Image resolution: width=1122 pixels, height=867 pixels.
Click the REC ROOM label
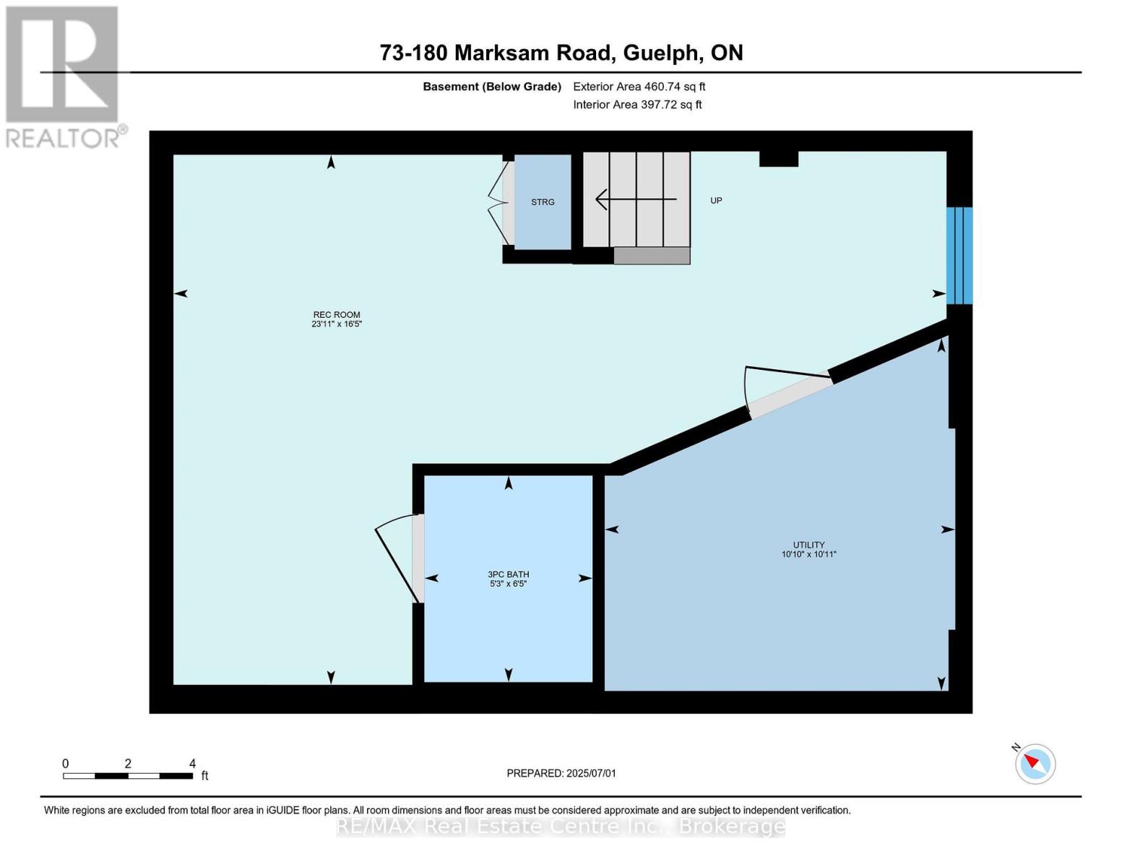click(x=337, y=319)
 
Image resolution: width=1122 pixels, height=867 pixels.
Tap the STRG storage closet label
click(x=543, y=202)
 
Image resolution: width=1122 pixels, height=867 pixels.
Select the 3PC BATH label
click(x=508, y=579)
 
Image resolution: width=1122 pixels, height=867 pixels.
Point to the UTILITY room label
click(x=808, y=549)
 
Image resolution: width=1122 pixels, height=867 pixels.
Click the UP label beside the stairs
click(x=716, y=201)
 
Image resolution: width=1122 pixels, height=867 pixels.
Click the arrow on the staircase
click(x=635, y=199)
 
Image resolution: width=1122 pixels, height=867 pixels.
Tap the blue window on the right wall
click(x=959, y=255)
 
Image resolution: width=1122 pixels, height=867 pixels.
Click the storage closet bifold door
click(x=499, y=203)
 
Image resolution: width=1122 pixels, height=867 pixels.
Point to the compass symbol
click(x=1035, y=763)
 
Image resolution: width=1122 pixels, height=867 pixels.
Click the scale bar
click(x=128, y=776)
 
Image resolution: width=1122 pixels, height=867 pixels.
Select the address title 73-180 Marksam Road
click(x=561, y=53)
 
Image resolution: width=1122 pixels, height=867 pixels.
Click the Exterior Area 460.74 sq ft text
click(x=639, y=87)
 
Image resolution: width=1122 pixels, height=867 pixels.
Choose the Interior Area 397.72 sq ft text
click(x=637, y=105)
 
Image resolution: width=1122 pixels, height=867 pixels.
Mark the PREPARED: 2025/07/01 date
click(x=561, y=773)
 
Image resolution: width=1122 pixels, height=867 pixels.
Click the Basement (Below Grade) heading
click(x=492, y=87)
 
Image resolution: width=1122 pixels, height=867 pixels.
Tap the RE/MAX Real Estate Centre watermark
click(x=561, y=826)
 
